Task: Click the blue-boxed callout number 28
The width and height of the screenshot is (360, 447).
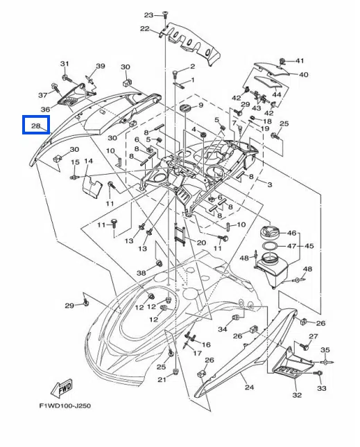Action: tap(35, 125)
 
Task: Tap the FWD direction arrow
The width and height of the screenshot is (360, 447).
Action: tap(62, 389)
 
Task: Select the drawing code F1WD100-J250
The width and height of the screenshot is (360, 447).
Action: tap(65, 405)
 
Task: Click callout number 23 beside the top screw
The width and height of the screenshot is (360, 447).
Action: tap(148, 15)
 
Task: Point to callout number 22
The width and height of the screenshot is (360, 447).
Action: tap(145, 28)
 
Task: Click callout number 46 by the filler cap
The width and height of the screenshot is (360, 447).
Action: tap(291, 233)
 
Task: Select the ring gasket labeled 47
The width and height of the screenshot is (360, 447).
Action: tap(270, 245)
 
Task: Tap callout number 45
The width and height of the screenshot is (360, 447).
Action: tap(309, 246)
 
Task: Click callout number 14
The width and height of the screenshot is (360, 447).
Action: tap(88, 161)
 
